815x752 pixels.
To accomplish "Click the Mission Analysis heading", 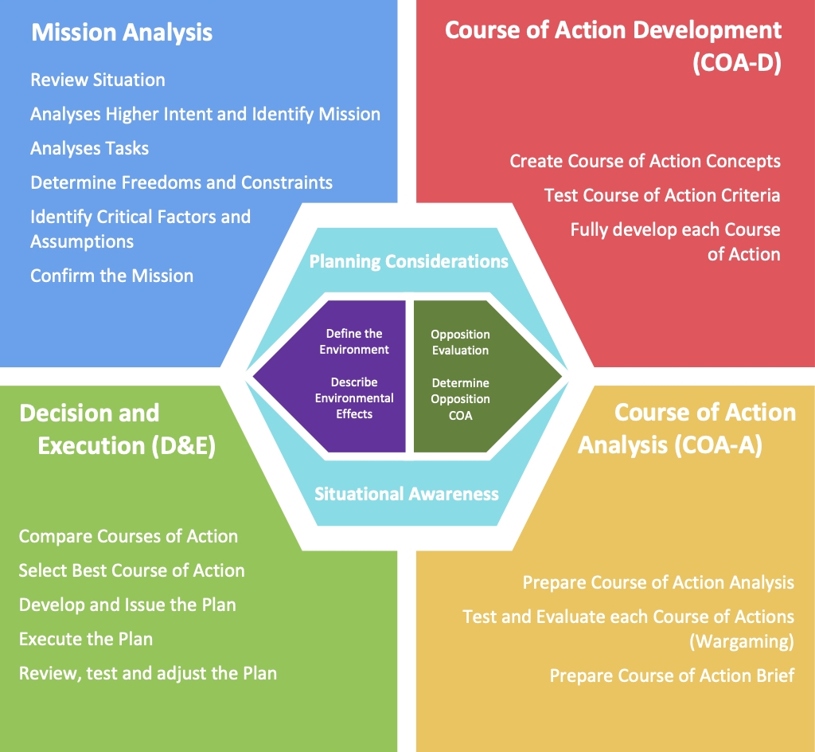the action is pos(122,33).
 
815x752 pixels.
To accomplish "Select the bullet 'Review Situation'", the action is pos(98,80).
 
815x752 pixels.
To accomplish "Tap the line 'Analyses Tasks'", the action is pos(89,149).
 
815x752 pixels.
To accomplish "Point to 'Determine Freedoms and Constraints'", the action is pos(181,182).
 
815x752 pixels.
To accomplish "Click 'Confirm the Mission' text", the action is pos(111,276).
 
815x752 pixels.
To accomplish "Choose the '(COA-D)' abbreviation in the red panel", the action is pos(737,63).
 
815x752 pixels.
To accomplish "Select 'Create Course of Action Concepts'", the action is pos(645,161).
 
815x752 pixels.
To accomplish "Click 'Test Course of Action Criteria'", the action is pos(662,195).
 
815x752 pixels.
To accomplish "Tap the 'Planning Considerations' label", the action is pos(408,261).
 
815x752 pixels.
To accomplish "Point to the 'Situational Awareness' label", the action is pos(407,494).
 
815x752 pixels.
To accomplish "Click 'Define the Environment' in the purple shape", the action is pos(354,341).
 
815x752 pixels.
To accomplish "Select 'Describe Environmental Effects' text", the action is pos(354,398).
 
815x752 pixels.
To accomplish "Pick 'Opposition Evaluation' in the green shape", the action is pos(461,343).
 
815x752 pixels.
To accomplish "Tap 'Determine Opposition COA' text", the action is pos(461,399).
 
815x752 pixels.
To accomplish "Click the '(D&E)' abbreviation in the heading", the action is pos(184,446).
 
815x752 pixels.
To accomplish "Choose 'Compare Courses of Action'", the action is pos(128,536).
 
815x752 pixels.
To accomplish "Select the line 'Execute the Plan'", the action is pos(86,639).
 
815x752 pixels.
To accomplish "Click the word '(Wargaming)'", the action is pos(742,641).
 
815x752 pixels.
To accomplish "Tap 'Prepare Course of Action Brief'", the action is pos(672,676).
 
